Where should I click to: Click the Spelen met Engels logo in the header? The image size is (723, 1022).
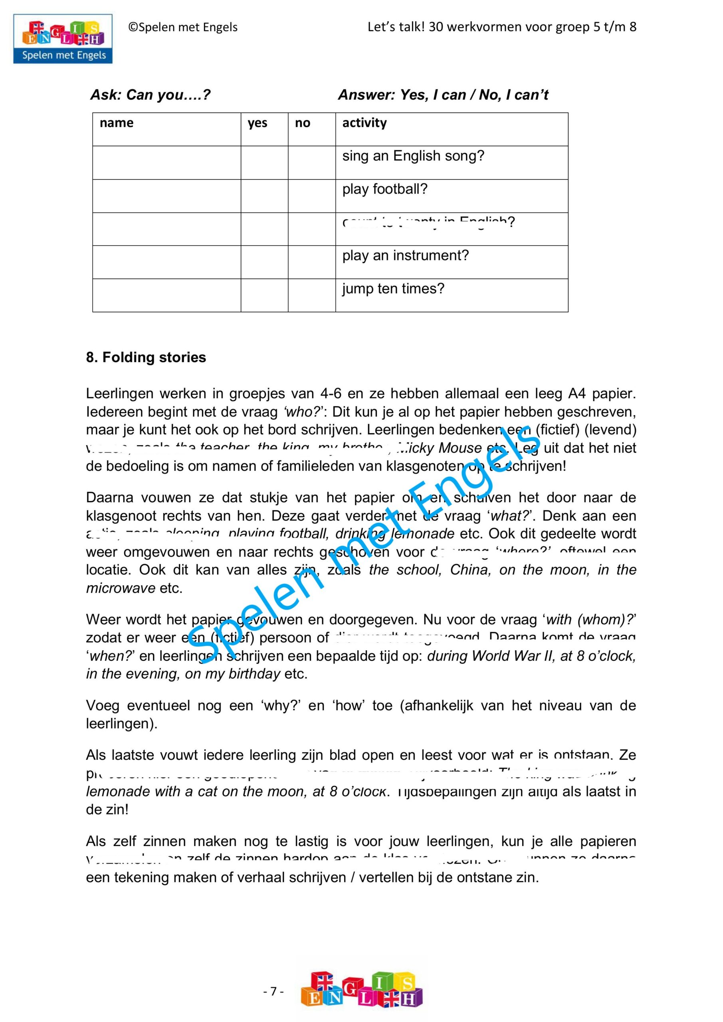[x=63, y=39]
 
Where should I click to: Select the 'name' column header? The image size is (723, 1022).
[x=117, y=123]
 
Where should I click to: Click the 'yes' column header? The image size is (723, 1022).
[x=258, y=123]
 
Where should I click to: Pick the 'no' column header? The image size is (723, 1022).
[x=302, y=123]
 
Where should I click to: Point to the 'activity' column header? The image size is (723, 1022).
[x=364, y=123]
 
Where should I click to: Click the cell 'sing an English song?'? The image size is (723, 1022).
[x=413, y=156]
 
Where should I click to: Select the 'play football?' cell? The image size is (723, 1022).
[x=384, y=189]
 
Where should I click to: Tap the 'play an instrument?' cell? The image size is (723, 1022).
[x=405, y=255]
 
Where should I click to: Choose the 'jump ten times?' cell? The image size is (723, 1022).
[x=393, y=289]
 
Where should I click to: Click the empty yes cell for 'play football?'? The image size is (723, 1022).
[x=264, y=196]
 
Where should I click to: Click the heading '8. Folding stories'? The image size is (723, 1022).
[x=146, y=357]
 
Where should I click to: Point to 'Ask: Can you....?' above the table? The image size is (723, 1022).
[x=150, y=95]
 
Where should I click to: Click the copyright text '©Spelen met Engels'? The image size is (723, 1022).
[x=183, y=28]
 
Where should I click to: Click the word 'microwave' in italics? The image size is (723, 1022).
[x=121, y=588]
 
